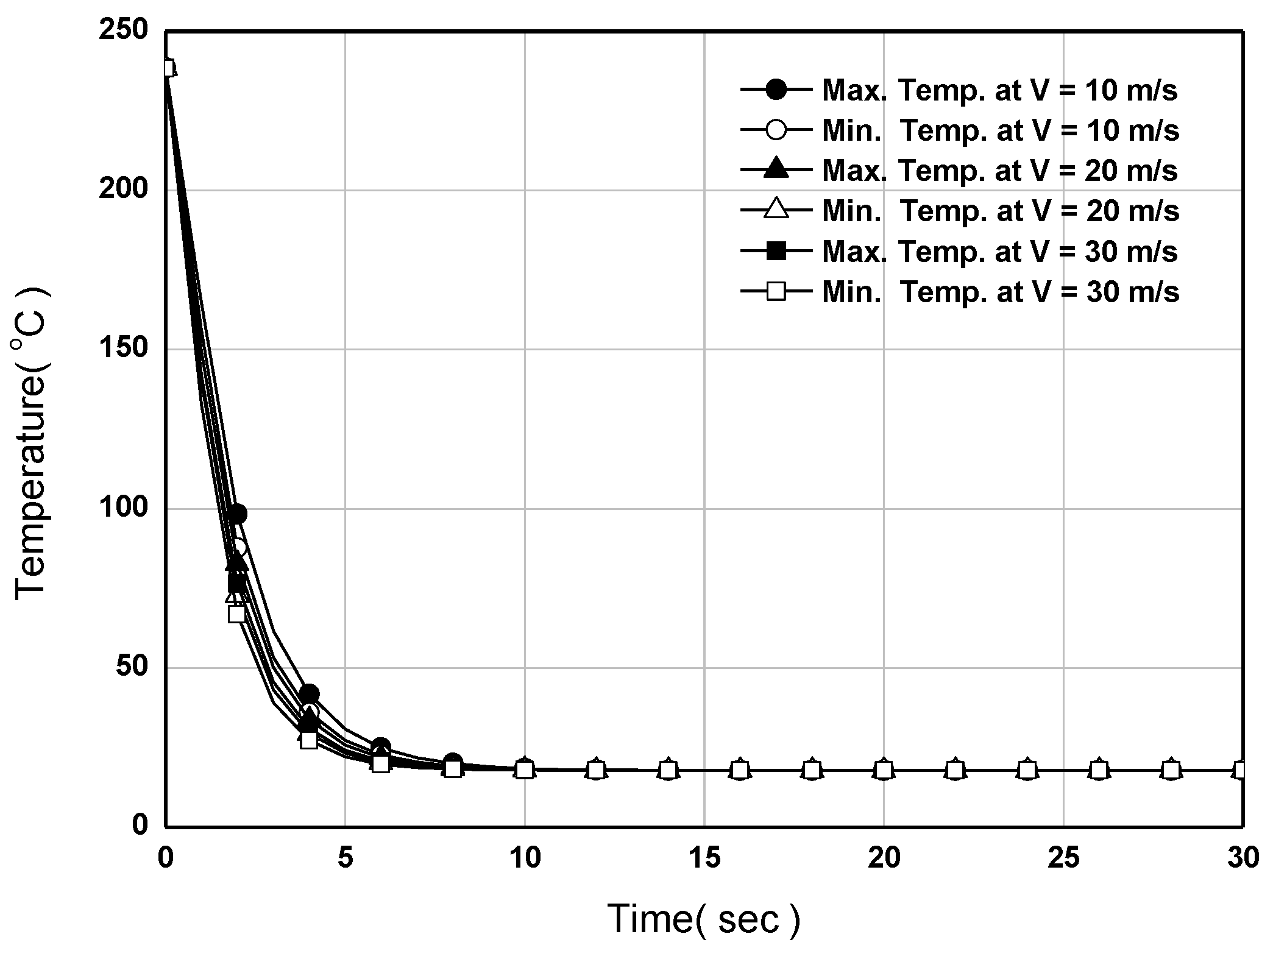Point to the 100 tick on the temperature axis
[x=124, y=508]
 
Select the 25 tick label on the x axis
[x=1063, y=858]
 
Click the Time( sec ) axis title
[x=703, y=919]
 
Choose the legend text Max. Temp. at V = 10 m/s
[x=999, y=91]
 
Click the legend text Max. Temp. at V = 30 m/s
[x=999, y=252]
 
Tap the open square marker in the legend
[x=776, y=292]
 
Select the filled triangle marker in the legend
[x=776, y=170]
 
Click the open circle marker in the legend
[x=776, y=130]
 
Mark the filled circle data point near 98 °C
[x=238, y=514]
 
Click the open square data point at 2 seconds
[x=237, y=614]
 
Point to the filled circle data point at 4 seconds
[x=309, y=694]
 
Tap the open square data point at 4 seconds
[x=309, y=740]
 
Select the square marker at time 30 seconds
[x=1241, y=770]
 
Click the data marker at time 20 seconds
[x=884, y=770]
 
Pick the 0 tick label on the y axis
[x=140, y=826]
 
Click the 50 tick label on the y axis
[x=132, y=667]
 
